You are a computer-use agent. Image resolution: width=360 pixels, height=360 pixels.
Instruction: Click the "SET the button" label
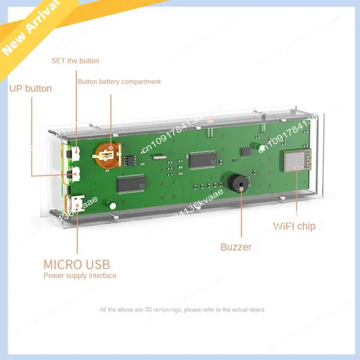click(75, 61)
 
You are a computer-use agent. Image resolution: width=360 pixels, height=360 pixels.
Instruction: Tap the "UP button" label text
click(31, 88)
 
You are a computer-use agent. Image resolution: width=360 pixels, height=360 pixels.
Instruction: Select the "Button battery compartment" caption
click(119, 82)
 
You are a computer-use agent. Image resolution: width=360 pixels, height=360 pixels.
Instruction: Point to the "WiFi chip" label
click(294, 226)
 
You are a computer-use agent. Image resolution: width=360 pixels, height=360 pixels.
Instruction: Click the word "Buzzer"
click(236, 247)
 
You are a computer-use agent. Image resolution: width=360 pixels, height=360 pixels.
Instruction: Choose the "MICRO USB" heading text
click(76, 264)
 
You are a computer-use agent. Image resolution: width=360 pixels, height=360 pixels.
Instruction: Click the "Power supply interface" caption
click(80, 275)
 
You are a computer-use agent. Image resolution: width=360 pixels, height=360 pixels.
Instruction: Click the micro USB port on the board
click(77, 203)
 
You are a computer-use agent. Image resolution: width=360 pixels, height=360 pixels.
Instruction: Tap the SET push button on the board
click(75, 153)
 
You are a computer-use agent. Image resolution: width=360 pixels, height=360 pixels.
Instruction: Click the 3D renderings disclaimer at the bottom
click(182, 310)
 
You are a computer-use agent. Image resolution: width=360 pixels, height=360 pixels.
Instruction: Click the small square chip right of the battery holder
click(130, 159)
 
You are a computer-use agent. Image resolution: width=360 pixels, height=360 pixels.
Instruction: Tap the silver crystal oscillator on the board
click(155, 157)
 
